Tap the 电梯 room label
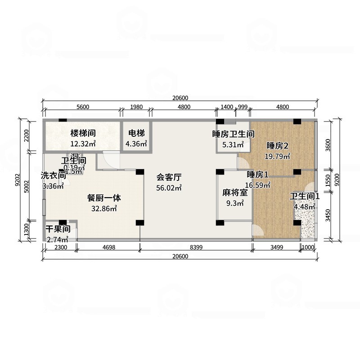coord(136,133)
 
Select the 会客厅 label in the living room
coord(169,177)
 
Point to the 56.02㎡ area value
coord(169,188)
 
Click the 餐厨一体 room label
coord(104,197)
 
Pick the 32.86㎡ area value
coord(104,208)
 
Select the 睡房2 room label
coord(277,145)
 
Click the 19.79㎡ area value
coord(277,156)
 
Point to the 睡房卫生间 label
coord(234,134)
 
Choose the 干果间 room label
coord(57,229)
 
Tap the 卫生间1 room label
coord(305,196)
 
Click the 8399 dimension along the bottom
coord(196,247)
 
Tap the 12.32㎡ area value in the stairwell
coord(83,144)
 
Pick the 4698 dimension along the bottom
coord(108,247)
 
